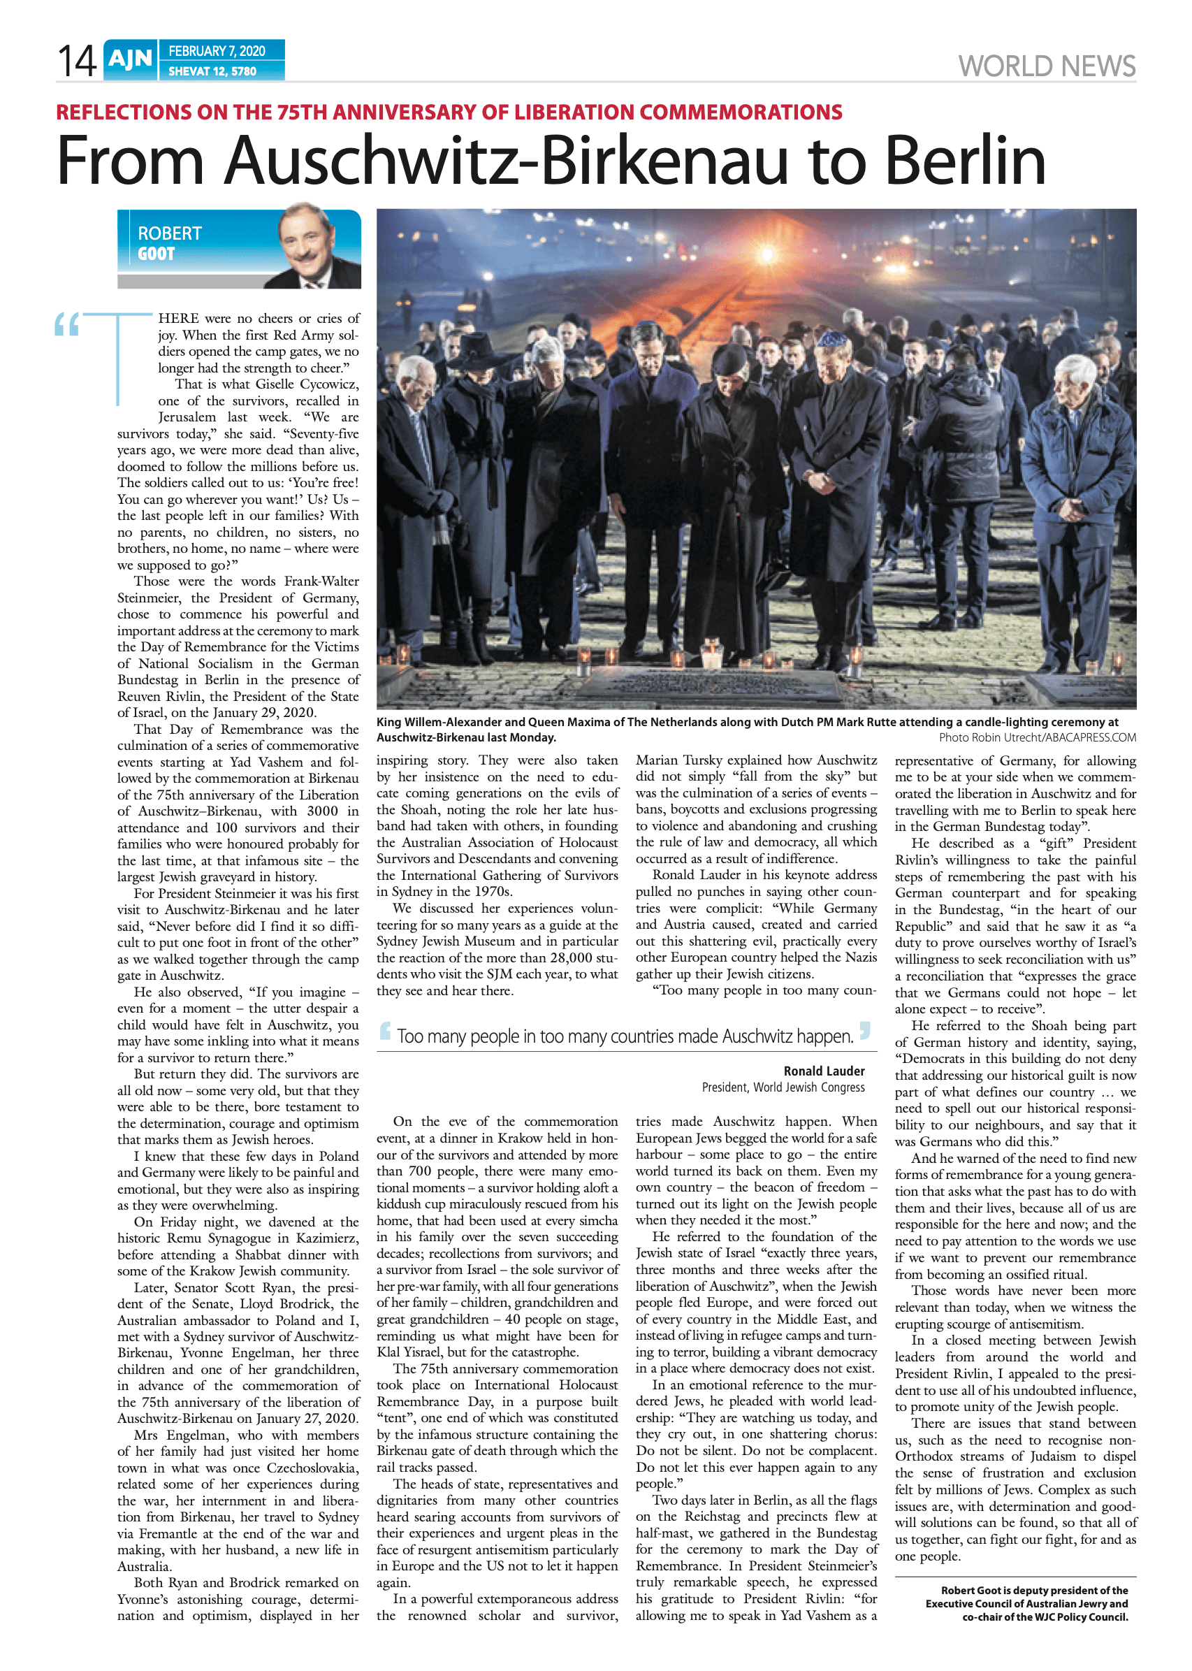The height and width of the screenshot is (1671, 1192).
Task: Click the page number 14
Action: [x=76, y=61]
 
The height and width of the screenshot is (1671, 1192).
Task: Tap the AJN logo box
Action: [x=131, y=59]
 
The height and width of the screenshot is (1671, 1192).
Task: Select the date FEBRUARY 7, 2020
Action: [x=217, y=50]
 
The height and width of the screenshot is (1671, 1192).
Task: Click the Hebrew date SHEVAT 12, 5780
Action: [x=212, y=71]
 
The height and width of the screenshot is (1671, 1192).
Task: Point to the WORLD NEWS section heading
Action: [x=1046, y=66]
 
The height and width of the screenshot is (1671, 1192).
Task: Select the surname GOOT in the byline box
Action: [x=157, y=254]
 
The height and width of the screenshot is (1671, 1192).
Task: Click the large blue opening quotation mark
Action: [x=67, y=324]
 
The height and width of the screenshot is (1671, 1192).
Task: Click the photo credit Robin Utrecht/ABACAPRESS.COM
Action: [x=1037, y=737]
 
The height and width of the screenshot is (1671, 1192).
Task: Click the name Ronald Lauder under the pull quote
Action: [x=824, y=1071]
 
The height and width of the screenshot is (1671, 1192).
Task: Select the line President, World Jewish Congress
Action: [x=783, y=1087]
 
